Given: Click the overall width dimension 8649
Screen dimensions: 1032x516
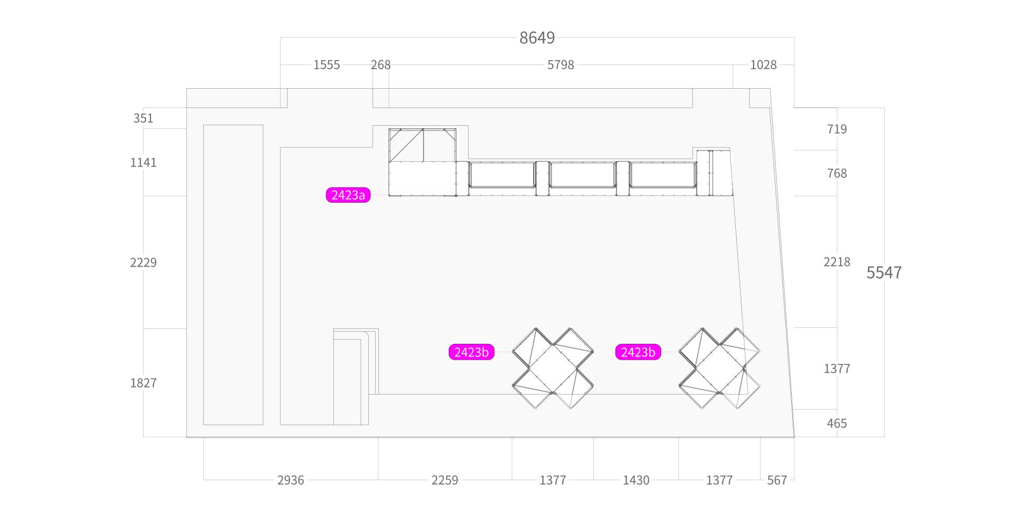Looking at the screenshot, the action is pos(537,38).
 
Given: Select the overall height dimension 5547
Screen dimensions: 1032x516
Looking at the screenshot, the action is pos(884,273).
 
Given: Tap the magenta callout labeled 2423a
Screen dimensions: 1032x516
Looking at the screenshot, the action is pos(348,195).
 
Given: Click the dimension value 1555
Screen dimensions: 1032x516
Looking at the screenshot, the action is pos(326,65).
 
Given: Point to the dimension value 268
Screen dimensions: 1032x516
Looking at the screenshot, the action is pos(381,65).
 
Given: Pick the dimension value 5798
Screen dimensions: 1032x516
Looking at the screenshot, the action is pos(561,65).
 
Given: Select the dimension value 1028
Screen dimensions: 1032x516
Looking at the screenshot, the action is pos(763,65).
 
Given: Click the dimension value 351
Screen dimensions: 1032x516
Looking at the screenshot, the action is pos(143,118).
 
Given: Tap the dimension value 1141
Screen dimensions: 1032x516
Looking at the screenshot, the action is pos(143,162).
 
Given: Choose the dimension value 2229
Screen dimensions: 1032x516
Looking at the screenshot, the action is pos(143,262).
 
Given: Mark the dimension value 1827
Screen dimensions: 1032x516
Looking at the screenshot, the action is pos(143,383).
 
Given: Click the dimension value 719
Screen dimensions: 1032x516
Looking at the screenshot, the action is pos(837,129).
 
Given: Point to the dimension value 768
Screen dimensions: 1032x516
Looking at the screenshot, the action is pos(837,173).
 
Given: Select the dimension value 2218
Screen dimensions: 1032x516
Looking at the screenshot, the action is pos(837,262).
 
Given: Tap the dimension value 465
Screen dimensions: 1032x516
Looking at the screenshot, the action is pos(837,424).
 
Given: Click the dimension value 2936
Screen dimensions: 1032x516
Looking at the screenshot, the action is pos(290,480).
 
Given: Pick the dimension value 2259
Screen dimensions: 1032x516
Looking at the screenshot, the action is pos(445,480).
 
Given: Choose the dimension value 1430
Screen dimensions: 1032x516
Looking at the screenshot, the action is pos(636,480).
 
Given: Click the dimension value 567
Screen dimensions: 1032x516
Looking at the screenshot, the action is pos(777,480).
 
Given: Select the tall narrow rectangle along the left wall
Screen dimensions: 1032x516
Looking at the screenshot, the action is pos(233,275).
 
